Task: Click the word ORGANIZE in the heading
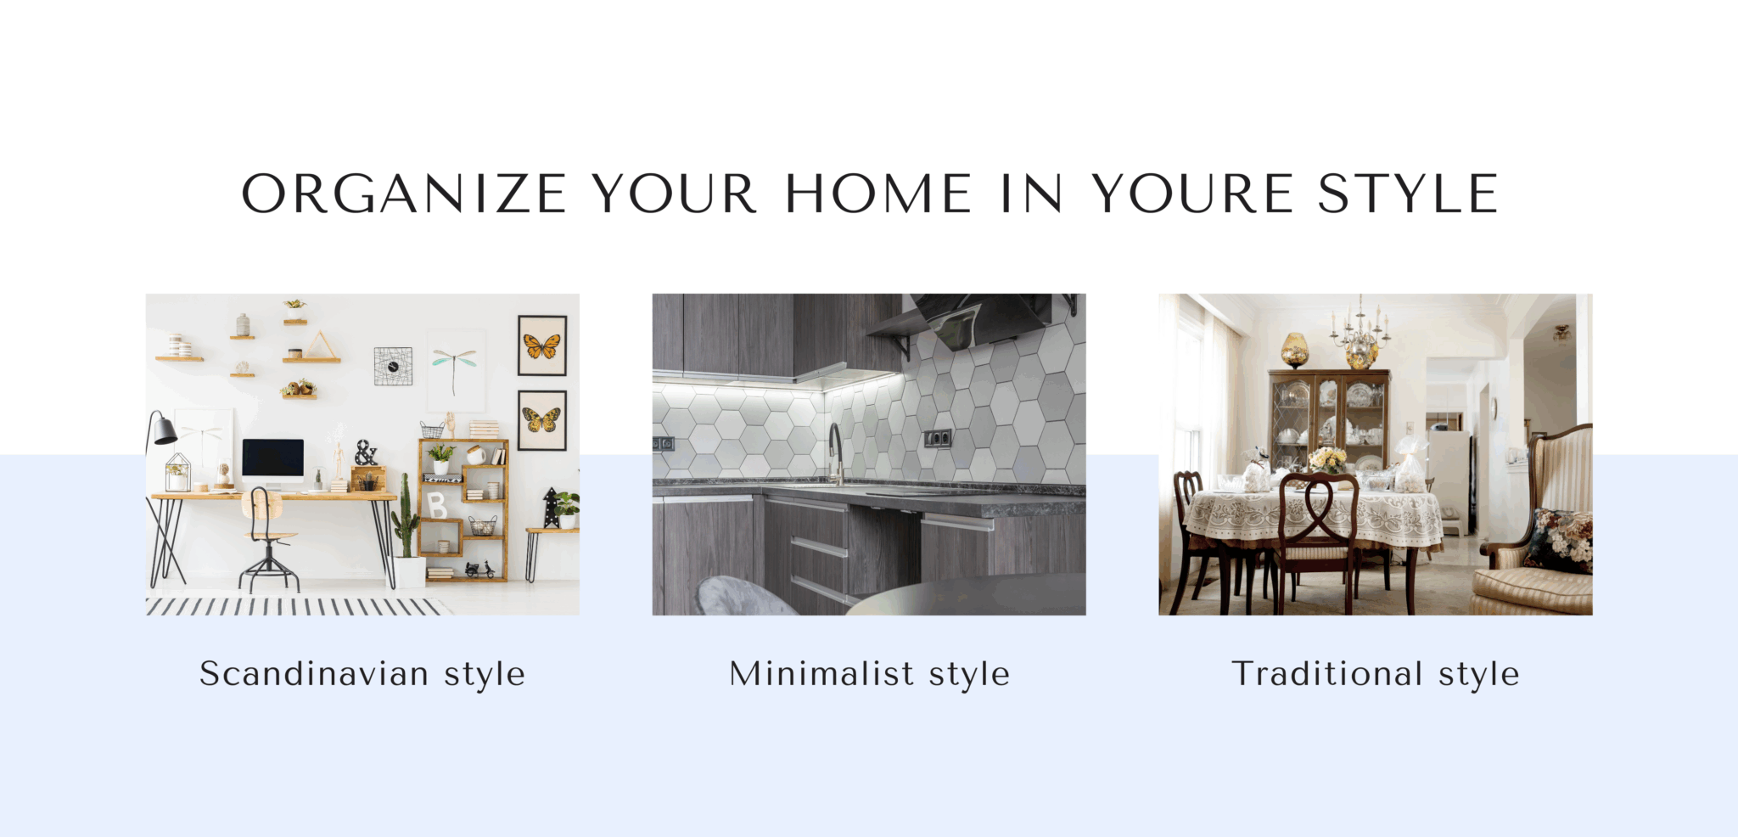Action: [404, 194]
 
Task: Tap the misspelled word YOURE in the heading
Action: [1192, 194]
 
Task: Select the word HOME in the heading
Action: [878, 194]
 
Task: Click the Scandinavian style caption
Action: [362, 675]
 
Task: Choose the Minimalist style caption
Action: [870, 675]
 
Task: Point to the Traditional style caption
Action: [1376, 675]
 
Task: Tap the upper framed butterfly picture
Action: [542, 345]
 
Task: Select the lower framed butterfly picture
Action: [542, 420]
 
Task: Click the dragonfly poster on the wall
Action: [456, 370]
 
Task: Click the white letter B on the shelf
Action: [437, 506]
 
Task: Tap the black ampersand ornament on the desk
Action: [366, 452]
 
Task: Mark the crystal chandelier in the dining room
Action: [1360, 333]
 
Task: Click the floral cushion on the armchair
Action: [1560, 540]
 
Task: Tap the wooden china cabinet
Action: [1328, 420]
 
